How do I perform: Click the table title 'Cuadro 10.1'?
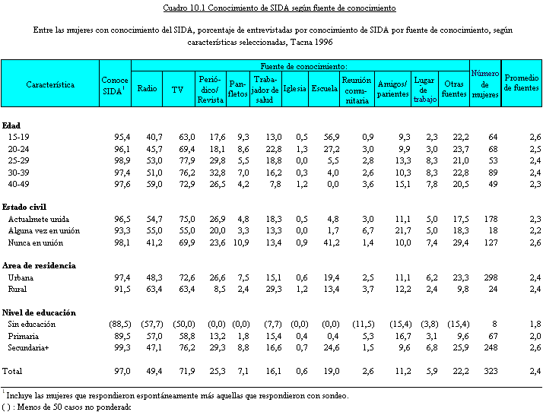pyautogui.click(x=279, y=8)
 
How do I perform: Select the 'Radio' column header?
pyautogui.click(x=147, y=89)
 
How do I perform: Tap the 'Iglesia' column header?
pyautogui.click(x=294, y=89)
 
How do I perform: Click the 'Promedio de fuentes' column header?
pyautogui.click(x=521, y=83)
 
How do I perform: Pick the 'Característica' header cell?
pyautogui.click(x=50, y=84)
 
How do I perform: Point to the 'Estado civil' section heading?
pyautogui.click(x=24, y=206)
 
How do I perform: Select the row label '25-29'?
pyautogui.click(x=19, y=161)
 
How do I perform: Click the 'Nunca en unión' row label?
pyautogui.click(x=35, y=243)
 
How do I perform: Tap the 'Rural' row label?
pyautogui.click(x=19, y=289)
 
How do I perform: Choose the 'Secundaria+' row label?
pyautogui.click(x=30, y=347)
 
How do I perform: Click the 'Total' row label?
pyautogui.click(x=13, y=371)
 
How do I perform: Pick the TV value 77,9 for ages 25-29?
pyautogui.click(x=176, y=161)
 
